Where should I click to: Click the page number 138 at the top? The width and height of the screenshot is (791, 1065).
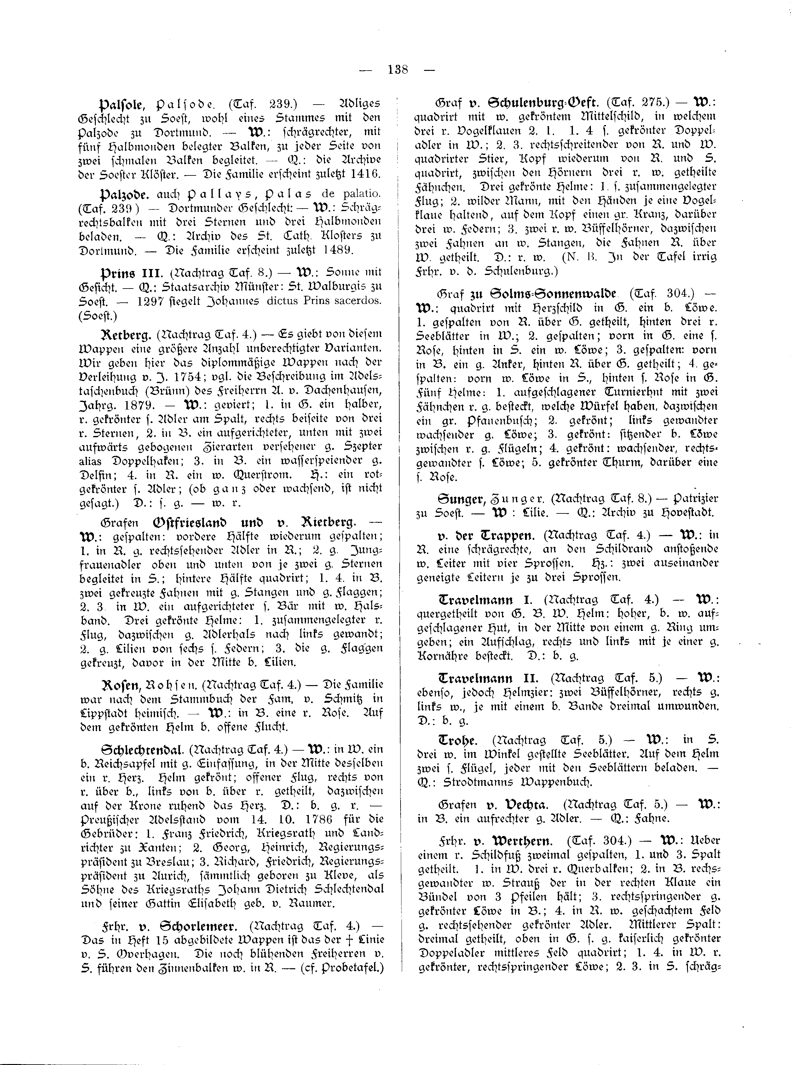coord(398,70)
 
